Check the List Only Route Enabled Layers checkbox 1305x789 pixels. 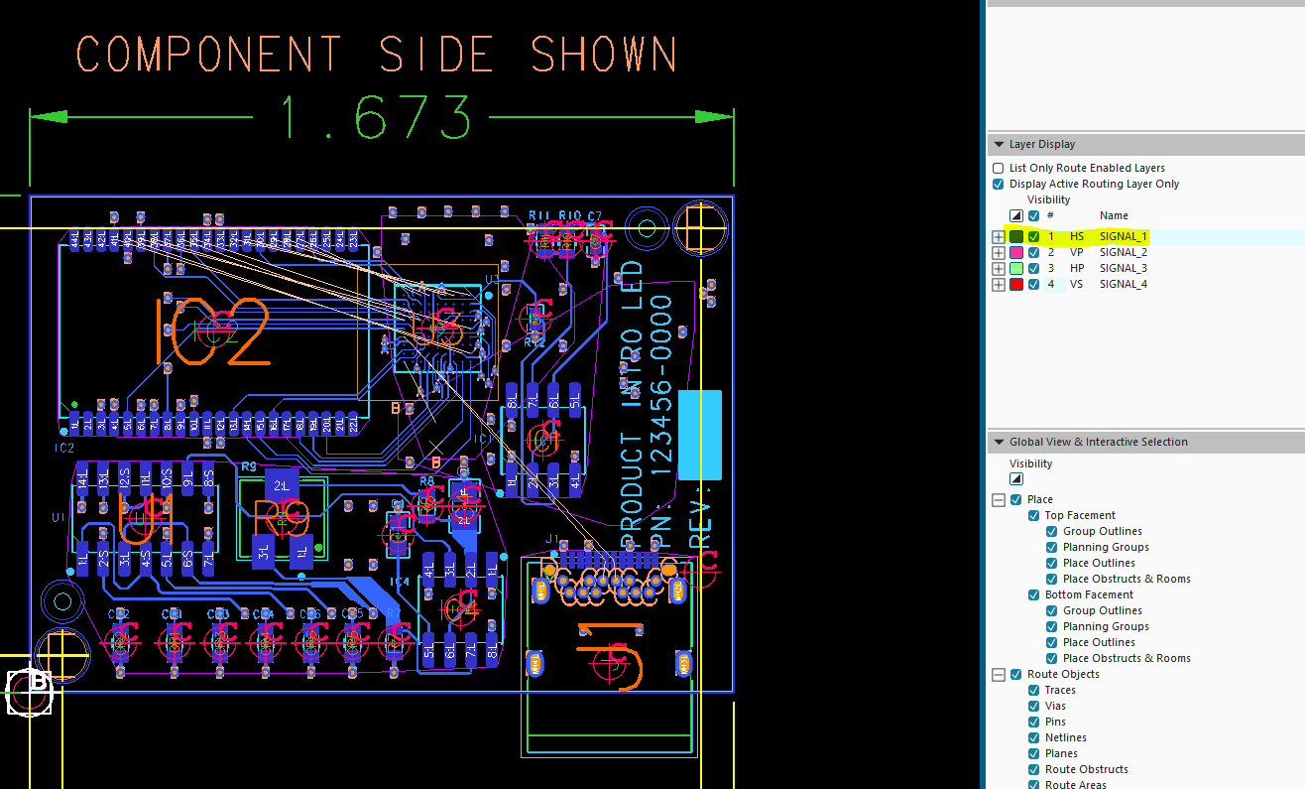pyautogui.click(x=999, y=169)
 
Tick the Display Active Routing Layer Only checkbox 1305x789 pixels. pyautogui.click(x=999, y=185)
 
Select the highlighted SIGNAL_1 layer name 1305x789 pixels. pyautogui.click(x=1123, y=236)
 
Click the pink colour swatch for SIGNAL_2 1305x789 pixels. pyautogui.click(x=1016, y=252)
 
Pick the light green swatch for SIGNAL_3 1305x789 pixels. pyautogui.click(x=1016, y=268)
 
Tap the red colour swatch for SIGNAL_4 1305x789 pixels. pyautogui.click(x=1016, y=284)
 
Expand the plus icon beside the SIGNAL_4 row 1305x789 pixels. pyautogui.click(x=999, y=284)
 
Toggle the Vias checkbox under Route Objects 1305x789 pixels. pyautogui.click(x=1034, y=706)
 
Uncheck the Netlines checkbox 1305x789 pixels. pyautogui.click(x=1034, y=737)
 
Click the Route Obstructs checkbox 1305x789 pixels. pyautogui.click(x=1034, y=769)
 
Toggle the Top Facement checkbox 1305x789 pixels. pyautogui.click(x=1034, y=515)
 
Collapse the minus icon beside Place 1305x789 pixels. pyautogui.click(x=999, y=499)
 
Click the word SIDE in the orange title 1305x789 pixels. pyautogui.click(x=436, y=54)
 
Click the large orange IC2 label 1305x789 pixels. pyautogui.click(x=212, y=332)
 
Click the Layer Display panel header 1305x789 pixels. pyautogui.click(x=1041, y=144)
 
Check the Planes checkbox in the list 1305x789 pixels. pyautogui.click(x=1034, y=753)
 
